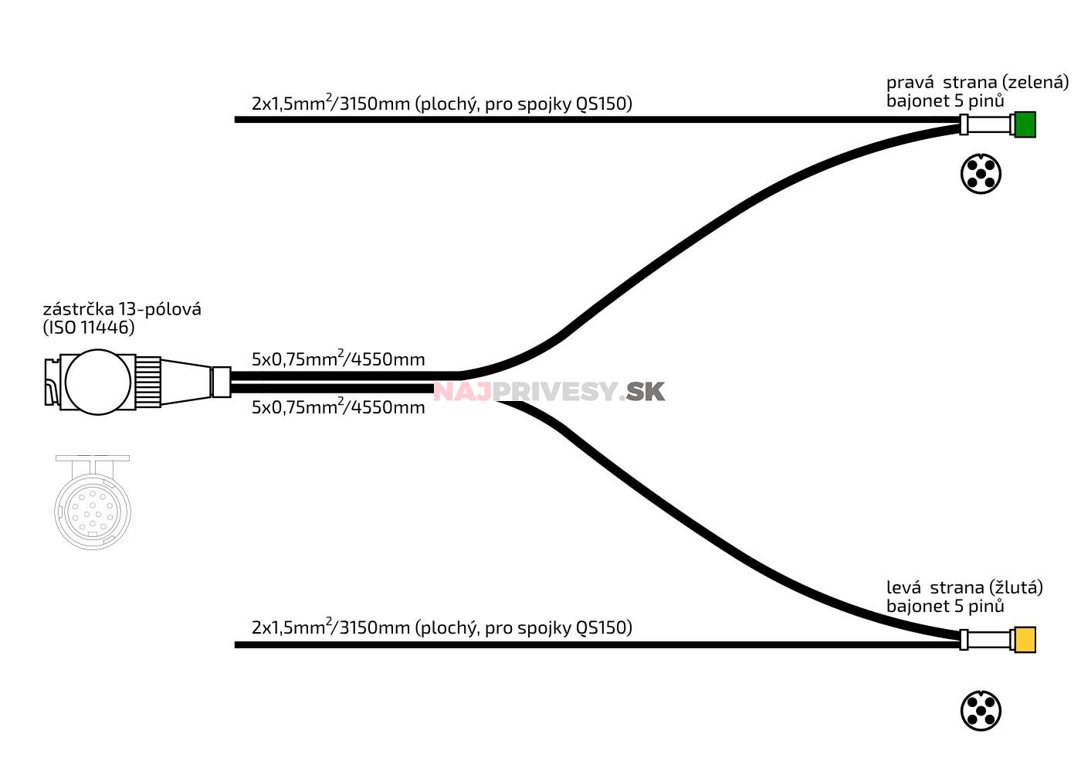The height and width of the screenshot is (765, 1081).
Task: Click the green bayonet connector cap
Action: tap(1025, 124)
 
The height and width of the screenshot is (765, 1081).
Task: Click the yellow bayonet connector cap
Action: tap(1025, 640)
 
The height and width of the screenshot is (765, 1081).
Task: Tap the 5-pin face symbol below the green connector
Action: tap(981, 174)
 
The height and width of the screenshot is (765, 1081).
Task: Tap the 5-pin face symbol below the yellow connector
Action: tap(981, 711)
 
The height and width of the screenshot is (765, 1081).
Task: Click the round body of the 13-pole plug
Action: tap(98, 382)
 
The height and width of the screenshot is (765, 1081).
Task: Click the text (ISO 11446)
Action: tap(89, 328)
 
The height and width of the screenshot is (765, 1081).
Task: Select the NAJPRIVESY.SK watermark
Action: tap(548, 392)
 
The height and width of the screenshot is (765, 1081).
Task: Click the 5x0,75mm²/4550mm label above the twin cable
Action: tap(338, 359)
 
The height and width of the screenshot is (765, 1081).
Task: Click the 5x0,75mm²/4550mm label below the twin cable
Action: tap(338, 406)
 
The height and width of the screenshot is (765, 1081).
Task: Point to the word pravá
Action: tap(910, 82)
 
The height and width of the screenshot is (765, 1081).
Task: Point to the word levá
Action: tap(904, 587)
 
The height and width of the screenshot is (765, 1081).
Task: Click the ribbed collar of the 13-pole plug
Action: tap(148, 382)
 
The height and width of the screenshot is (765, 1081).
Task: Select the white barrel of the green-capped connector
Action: tap(989, 124)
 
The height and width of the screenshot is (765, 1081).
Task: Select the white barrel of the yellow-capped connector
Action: tap(989, 640)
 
